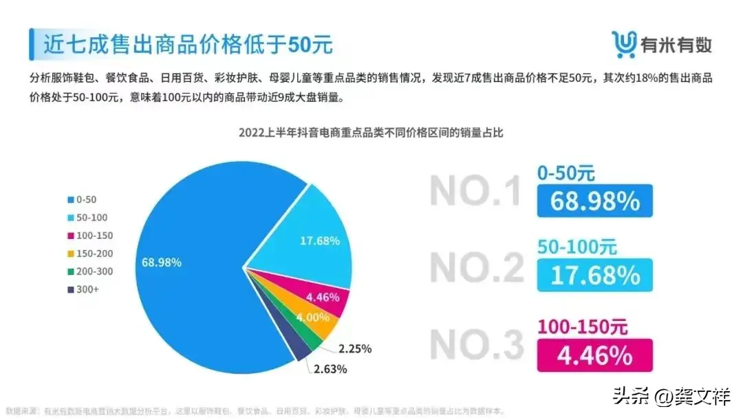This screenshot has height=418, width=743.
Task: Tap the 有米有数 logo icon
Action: point(624,45)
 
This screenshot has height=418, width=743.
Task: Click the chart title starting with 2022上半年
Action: point(371,132)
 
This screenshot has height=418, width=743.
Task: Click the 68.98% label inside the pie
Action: point(162,262)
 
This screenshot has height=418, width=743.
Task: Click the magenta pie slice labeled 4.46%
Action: point(323,296)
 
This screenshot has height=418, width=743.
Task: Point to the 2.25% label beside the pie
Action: point(354,348)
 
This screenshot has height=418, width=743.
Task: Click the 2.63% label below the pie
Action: point(330,369)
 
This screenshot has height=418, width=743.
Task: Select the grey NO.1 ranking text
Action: point(475,191)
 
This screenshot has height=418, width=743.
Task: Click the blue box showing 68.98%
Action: point(594,201)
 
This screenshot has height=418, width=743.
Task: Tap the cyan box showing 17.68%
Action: point(594,275)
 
